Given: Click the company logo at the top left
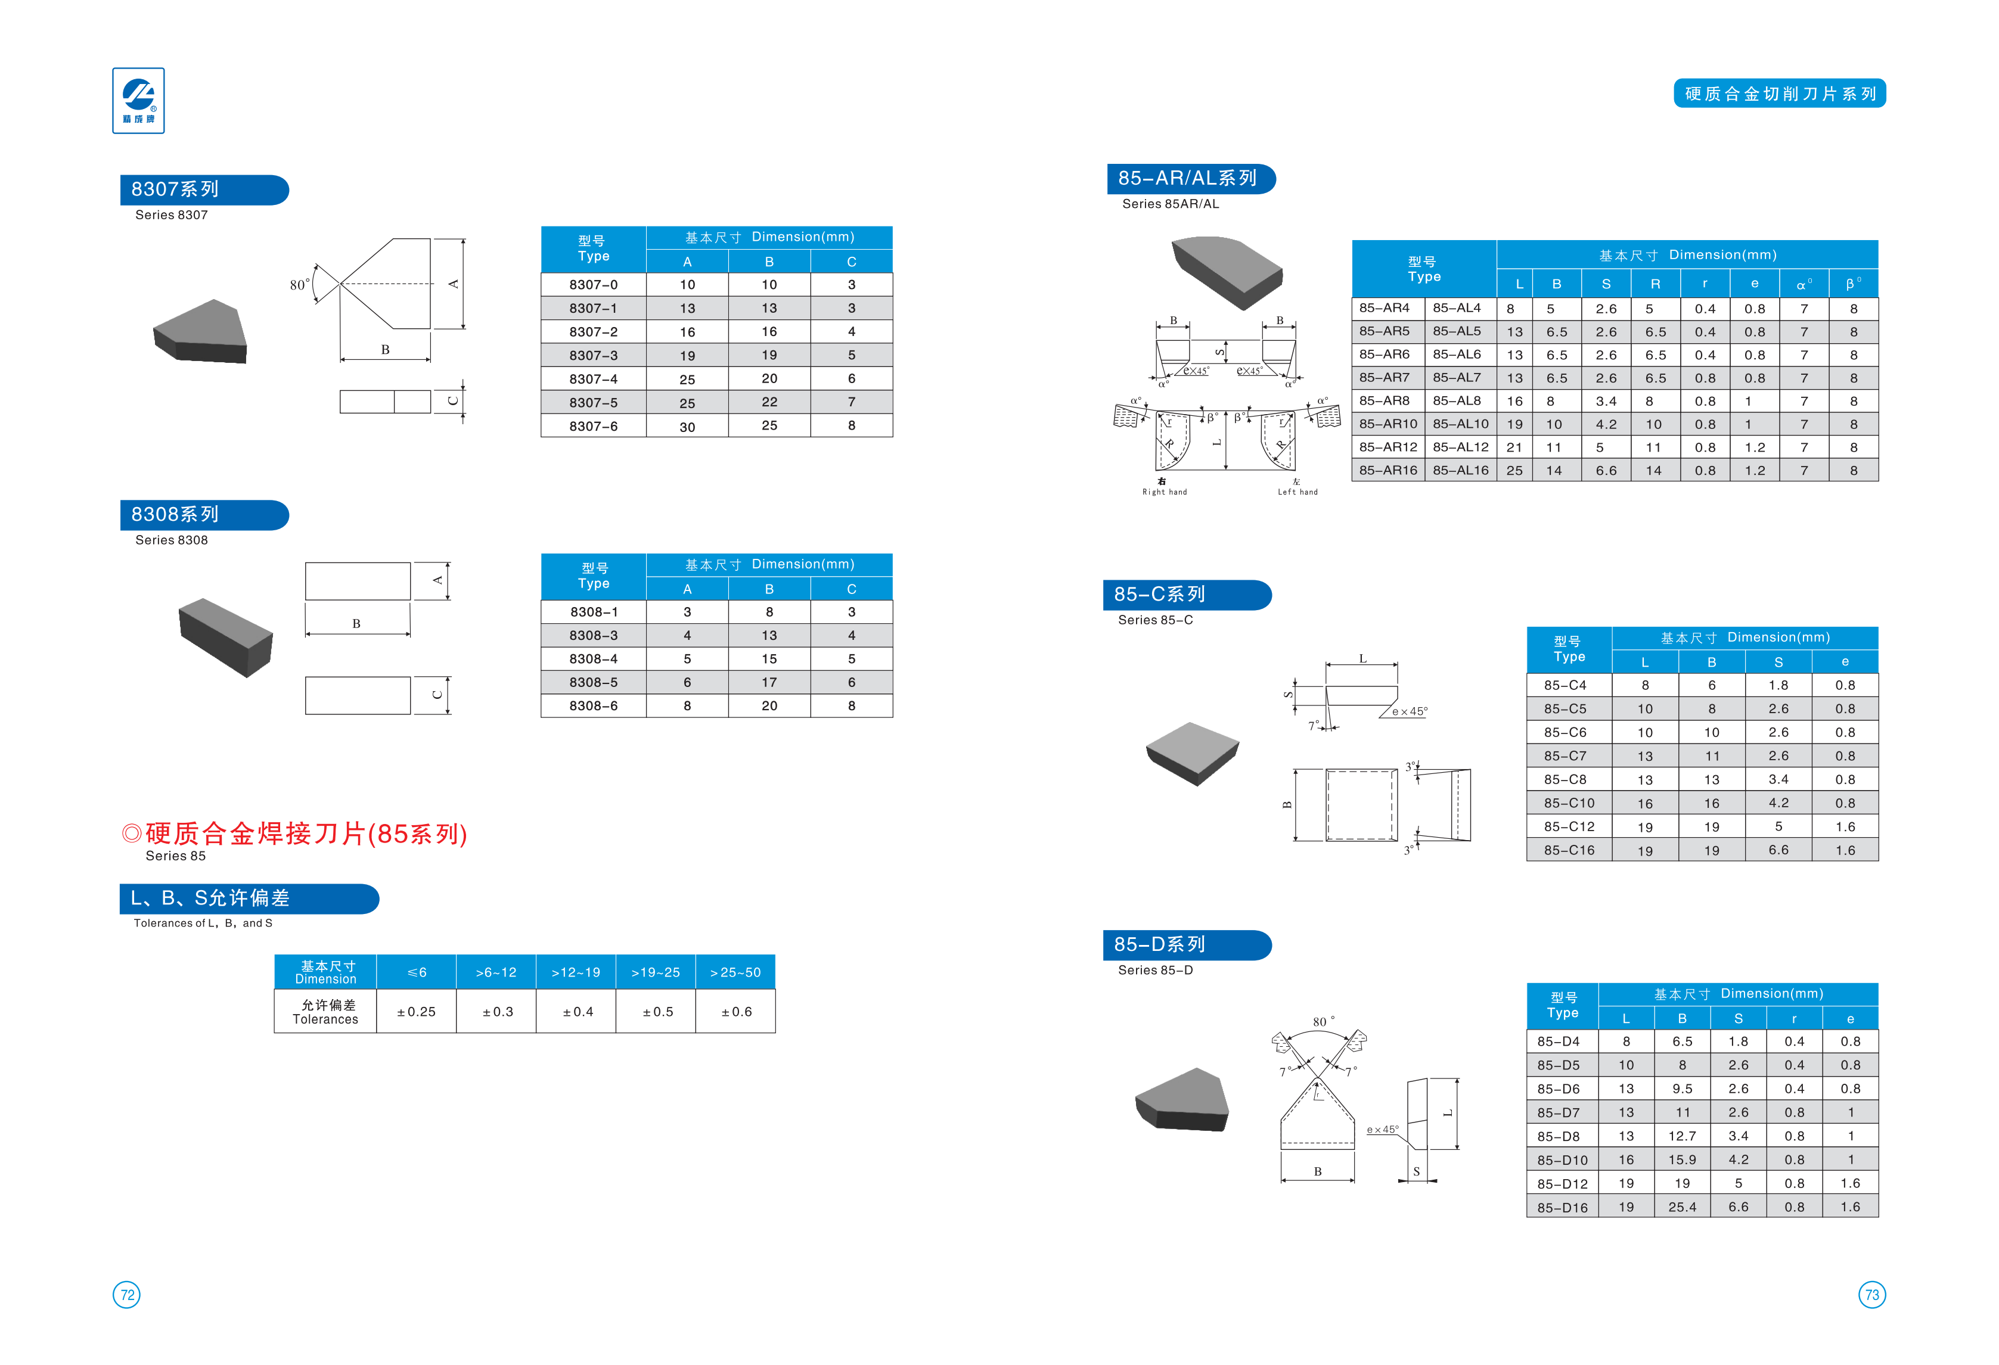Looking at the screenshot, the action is [138, 101].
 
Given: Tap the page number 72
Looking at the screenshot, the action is [126, 1295].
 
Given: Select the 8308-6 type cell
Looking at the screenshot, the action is [594, 706].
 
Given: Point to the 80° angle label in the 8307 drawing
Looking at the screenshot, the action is [299, 285].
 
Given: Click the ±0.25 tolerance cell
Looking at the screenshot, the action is [417, 1012].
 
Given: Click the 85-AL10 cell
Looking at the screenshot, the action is [1461, 424].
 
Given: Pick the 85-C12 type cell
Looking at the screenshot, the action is [1569, 826].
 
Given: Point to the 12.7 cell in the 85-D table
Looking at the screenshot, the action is [1683, 1136].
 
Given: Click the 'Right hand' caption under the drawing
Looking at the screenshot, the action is [1165, 492].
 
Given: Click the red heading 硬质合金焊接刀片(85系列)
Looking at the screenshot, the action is [295, 834].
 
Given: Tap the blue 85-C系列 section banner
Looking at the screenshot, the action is [1187, 595].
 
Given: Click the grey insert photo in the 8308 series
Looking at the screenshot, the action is [225, 638].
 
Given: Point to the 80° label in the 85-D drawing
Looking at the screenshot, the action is [1324, 1022].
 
